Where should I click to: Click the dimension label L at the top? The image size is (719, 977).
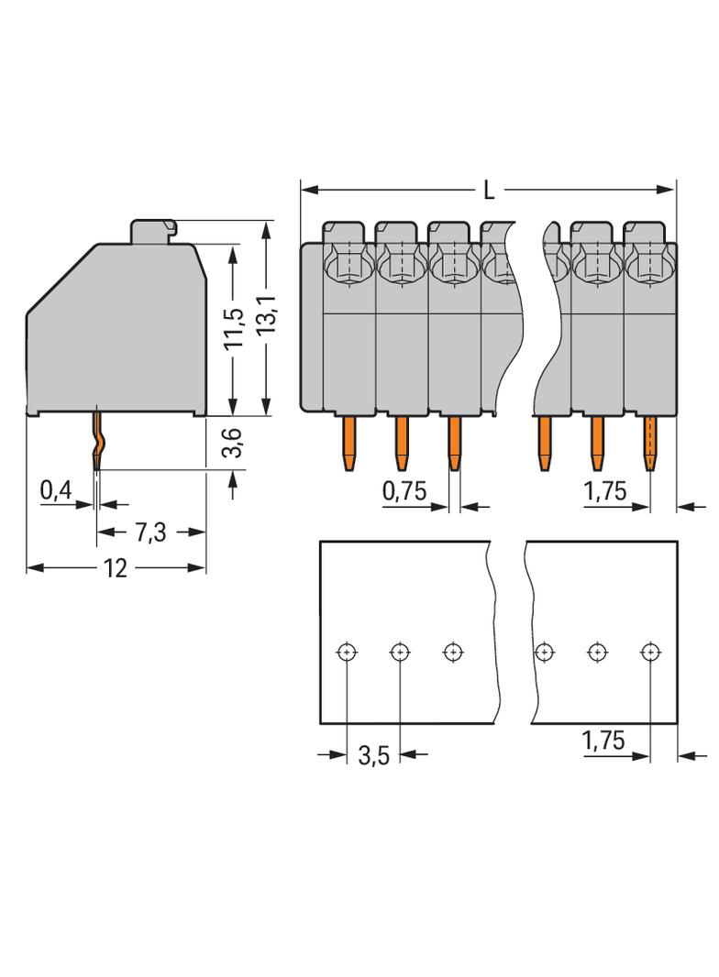coord(489,191)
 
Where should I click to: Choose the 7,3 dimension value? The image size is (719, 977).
coord(150,532)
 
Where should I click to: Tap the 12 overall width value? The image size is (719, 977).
coord(116,568)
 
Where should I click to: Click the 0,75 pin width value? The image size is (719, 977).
coord(404,491)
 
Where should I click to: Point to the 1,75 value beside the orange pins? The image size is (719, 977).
coord(604,491)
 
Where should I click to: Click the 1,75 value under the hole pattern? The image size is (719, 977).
coord(604,741)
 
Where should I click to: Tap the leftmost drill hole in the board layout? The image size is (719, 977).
coord(346,652)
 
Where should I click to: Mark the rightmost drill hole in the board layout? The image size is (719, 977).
coord(649,652)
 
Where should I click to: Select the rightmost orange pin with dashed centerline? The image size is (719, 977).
coord(650,443)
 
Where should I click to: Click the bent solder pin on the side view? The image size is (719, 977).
coord(97,441)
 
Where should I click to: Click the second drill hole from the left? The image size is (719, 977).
coord(399,652)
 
